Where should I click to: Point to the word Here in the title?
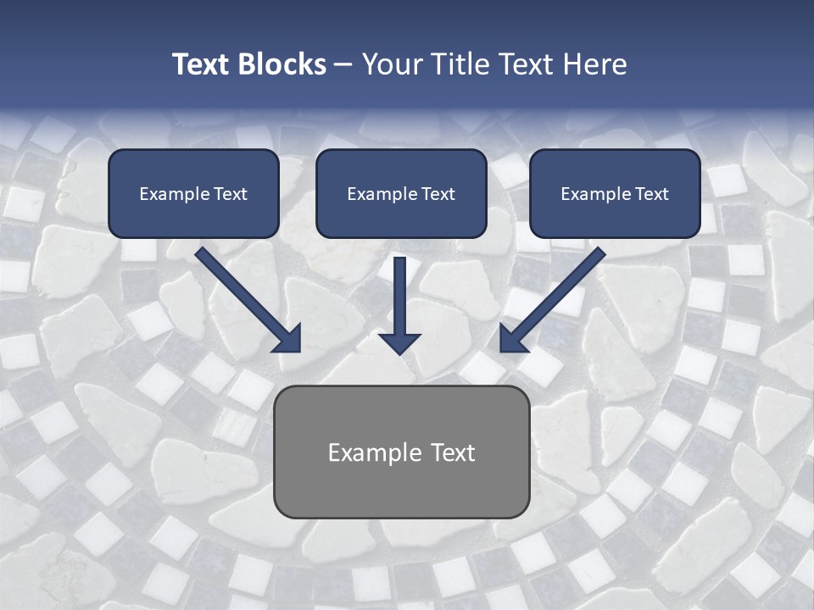tap(594, 64)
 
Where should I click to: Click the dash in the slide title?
tap(343, 65)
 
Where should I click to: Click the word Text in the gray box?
tap(453, 452)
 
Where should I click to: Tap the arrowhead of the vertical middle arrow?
tap(399, 342)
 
